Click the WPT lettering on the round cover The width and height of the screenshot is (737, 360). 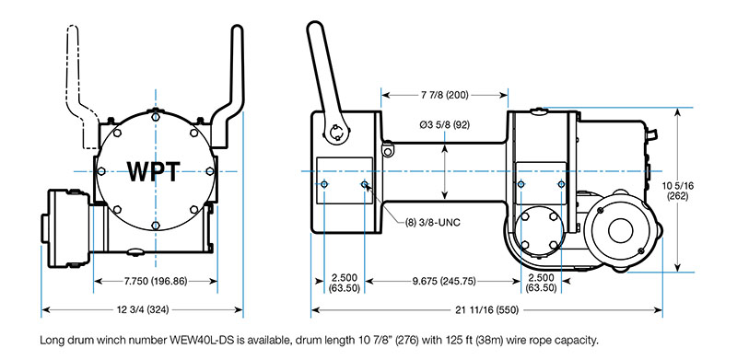tap(154, 171)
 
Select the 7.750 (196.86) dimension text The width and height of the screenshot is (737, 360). tap(155, 282)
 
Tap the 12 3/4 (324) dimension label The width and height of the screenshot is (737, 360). tap(142, 309)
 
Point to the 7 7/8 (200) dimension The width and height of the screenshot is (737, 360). tap(444, 96)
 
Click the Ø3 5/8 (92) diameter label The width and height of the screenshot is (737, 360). tap(445, 125)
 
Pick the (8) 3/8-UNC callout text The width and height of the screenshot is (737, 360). tap(432, 222)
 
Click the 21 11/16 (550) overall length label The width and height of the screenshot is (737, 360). tap(487, 309)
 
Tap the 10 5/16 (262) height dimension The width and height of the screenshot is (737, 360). tap(677, 191)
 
